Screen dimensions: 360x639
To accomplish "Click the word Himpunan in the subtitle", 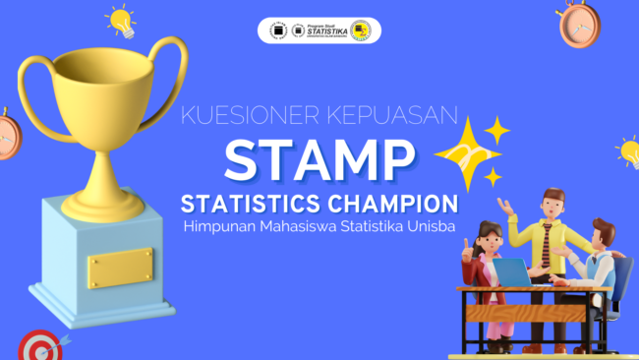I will (x=218, y=228).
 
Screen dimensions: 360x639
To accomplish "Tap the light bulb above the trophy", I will (x=121, y=19).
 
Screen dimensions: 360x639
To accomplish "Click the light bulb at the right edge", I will (x=628, y=151).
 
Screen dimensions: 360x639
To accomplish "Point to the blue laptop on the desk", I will (x=510, y=271).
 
